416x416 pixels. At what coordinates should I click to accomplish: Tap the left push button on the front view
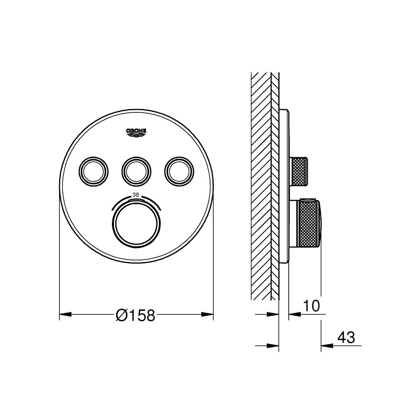point(94,170)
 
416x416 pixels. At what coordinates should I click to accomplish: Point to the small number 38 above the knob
point(136,194)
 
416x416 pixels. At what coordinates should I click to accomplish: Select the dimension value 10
point(311,306)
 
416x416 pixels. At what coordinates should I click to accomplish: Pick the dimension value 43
point(346,337)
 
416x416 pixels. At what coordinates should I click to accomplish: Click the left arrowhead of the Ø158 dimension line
point(64,314)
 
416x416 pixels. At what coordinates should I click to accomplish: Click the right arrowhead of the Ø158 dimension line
point(208,314)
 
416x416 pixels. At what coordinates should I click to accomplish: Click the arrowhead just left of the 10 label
point(293,314)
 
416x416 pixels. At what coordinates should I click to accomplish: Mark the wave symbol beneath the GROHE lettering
point(136,134)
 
